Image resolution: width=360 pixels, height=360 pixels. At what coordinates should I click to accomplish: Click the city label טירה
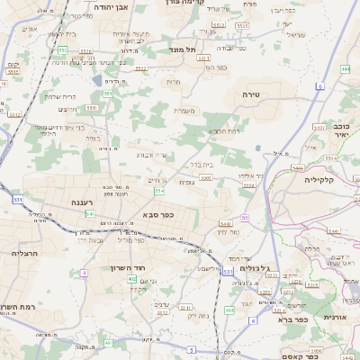pyautogui.click(x=251, y=94)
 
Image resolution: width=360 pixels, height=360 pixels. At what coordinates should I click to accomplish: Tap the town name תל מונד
pyautogui.click(x=183, y=50)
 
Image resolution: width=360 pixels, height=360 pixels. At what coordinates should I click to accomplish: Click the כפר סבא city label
pyautogui.click(x=157, y=215)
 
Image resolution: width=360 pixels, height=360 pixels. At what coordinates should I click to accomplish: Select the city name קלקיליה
pyautogui.click(x=319, y=179)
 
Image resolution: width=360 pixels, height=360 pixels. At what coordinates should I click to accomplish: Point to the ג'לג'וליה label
pyautogui.click(x=264, y=268)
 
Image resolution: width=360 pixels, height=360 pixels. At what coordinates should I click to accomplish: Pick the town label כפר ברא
pyautogui.click(x=289, y=319)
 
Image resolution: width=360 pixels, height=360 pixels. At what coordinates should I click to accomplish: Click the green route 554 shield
pyautogui.click(x=159, y=191)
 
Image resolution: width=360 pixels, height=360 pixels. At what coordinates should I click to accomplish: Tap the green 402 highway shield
pyautogui.click(x=132, y=280)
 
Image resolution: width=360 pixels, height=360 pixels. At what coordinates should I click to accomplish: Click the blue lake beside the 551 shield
pyautogui.click(x=96, y=81)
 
